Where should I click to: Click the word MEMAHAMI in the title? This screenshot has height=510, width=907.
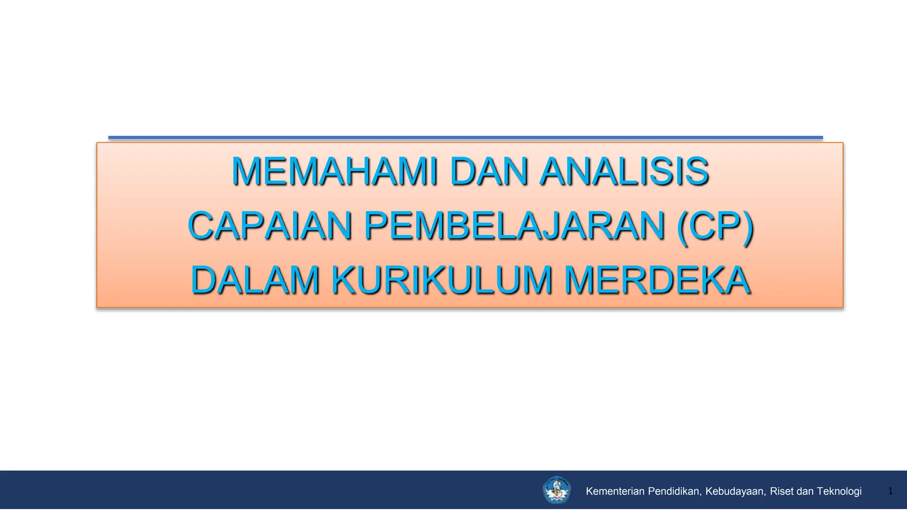[334, 171]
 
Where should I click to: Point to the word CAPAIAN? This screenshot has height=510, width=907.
[270, 226]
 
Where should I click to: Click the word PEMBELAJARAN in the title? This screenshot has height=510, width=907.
[514, 226]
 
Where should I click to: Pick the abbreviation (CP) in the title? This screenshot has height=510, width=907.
[715, 226]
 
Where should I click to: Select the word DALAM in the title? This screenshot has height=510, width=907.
[255, 280]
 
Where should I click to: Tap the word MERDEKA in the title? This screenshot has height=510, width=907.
[657, 280]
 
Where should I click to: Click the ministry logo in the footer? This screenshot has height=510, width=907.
[557, 490]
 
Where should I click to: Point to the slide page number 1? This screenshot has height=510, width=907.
[890, 491]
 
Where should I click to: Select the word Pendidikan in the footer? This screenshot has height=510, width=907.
[674, 491]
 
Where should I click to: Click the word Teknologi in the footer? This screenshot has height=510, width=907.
[839, 491]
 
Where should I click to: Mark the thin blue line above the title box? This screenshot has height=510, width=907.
[465, 138]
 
